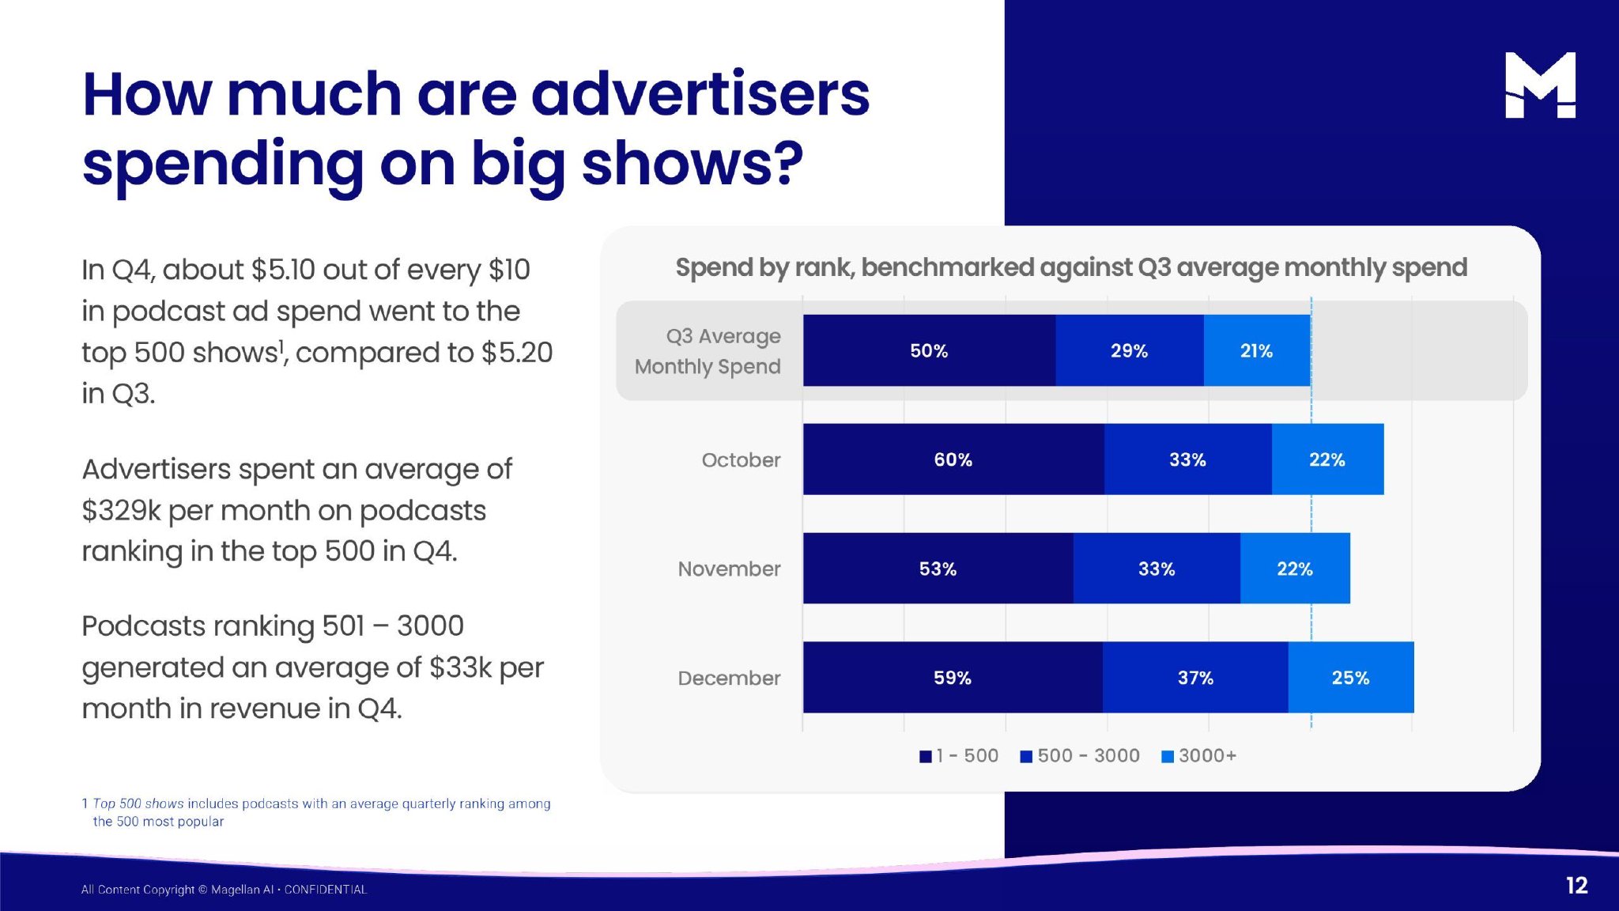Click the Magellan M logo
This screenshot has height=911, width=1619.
tap(1540, 85)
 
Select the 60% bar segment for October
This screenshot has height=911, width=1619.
tap(953, 459)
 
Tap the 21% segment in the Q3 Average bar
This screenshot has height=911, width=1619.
tap(1256, 350)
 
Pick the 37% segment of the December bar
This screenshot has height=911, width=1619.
tap(1195, 678)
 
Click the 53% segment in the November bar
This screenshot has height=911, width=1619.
tap(938, 569)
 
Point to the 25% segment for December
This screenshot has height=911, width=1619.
tap(1350, 678)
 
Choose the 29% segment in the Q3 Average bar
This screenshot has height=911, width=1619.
tap(1129, 350)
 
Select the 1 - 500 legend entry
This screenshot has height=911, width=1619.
tap(959, 756)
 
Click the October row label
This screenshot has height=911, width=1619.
tap(741, 460)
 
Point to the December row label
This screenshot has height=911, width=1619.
tap(729, 679)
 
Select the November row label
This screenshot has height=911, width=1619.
tap(729, 569)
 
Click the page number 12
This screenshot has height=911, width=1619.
tap(1576, 886)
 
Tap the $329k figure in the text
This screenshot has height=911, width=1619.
tap(121, 511)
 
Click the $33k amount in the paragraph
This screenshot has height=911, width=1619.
tap(461, 667)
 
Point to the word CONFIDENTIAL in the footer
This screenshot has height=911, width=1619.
tap(326, 890)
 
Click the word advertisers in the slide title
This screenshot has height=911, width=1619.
tap(700, 95)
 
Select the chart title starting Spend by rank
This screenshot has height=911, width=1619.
tap(1071, 267)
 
